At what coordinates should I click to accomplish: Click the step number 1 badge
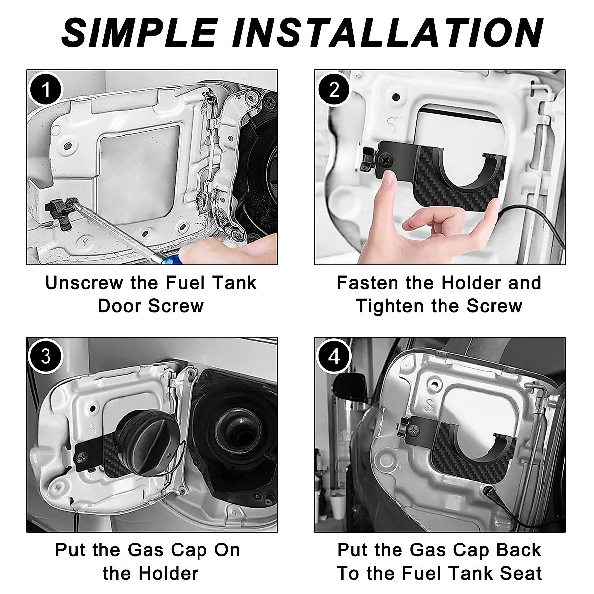(46, 90)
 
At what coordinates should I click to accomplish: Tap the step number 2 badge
(334, 90)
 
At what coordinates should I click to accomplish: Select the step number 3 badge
(46, 356)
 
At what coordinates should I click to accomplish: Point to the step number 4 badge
(334, 356)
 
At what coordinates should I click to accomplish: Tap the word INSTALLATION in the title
(387, 33)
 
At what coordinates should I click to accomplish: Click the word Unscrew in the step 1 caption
(84, 283)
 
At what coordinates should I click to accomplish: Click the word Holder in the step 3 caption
(168, 565)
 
